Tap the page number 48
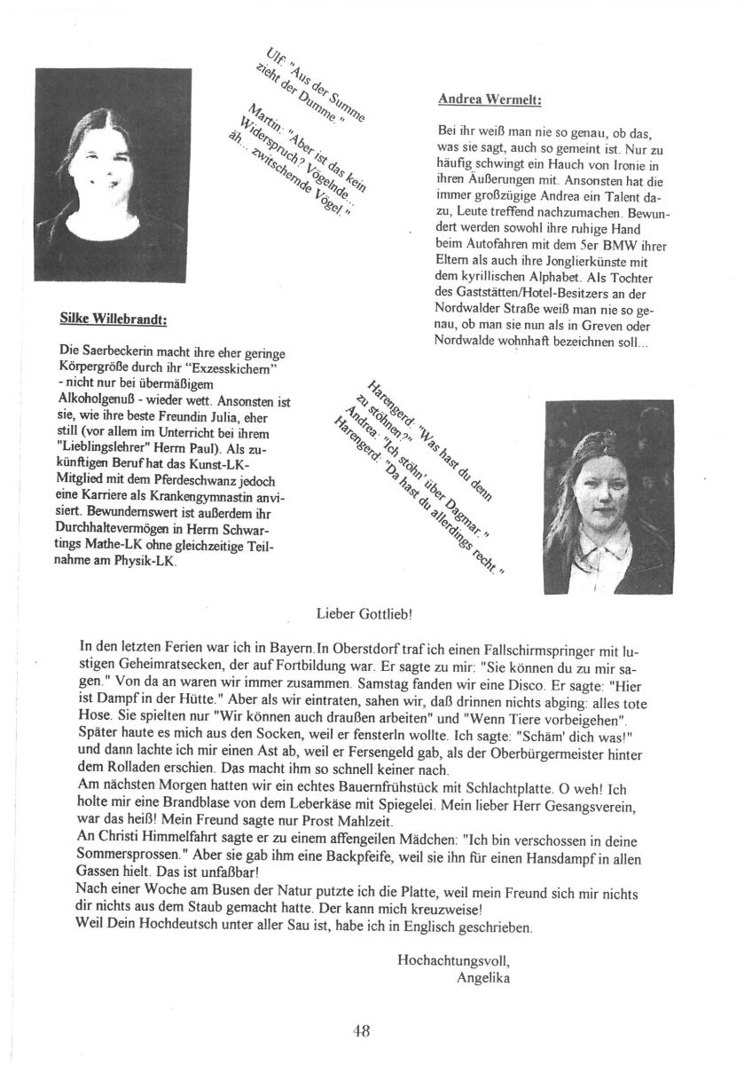point(361,1030)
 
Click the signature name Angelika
point(483,979)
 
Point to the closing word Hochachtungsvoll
point(454,961)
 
